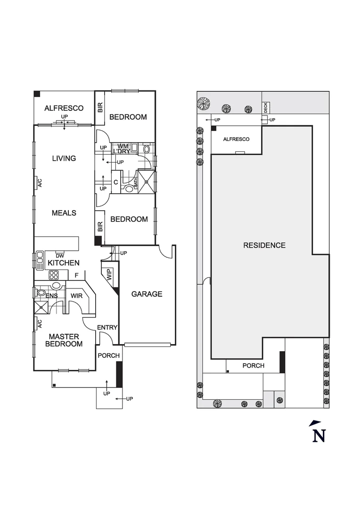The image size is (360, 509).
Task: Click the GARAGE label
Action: (x=147, y=294)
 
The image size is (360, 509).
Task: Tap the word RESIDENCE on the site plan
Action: (x=264, y=245)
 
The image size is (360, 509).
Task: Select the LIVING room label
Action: (x=64, y=158)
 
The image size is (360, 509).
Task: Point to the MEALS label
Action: (x=64, y=213)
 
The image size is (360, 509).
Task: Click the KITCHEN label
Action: (x=64, y=263)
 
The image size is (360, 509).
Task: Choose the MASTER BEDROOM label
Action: (x=64, y=340)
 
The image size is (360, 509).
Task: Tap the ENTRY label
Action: (x=107, y=328)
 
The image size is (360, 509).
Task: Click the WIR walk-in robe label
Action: (x=77, y=296)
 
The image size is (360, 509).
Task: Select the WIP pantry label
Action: (x=109, y=275)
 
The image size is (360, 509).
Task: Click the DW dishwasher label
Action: (x=60, y=256)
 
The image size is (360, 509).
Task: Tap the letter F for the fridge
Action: (x=75, y=275)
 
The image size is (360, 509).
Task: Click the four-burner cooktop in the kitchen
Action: (x=54, y=275)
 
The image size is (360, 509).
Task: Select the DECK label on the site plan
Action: (x=265, y=107)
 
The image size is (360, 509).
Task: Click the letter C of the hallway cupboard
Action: (x=115, y=182)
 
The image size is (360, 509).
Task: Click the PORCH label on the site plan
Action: (x=253, y=366)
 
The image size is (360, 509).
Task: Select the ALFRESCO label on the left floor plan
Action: (x=64, y=108)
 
